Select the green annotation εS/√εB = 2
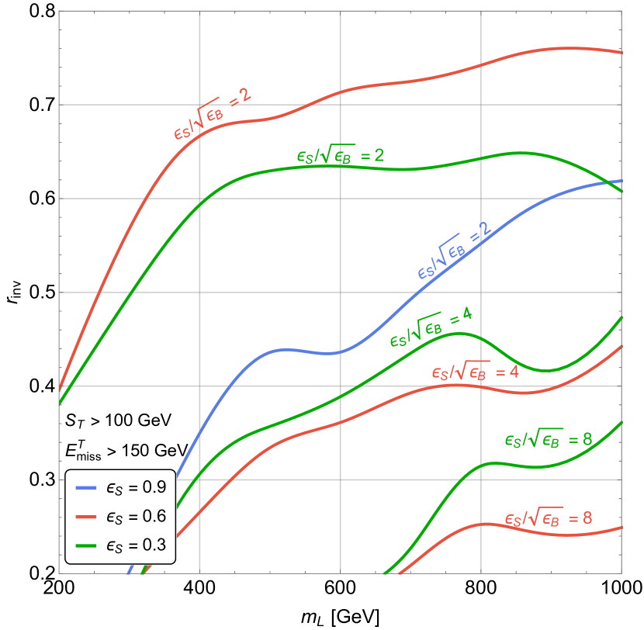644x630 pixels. pos(340,155)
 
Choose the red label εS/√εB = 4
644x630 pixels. pos(475,372)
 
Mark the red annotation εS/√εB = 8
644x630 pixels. pos(548,518)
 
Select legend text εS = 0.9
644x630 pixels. pos(136,488)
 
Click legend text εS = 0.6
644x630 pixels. pos(136,517)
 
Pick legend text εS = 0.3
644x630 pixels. pos(136,545)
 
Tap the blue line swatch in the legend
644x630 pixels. pos(86,488)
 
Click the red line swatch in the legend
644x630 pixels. pos(86,517)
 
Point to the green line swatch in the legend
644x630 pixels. pos(86,545)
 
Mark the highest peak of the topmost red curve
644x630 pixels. pos(570,48)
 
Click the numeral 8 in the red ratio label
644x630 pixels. pos(587,518)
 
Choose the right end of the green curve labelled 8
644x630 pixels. pos(621,423)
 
